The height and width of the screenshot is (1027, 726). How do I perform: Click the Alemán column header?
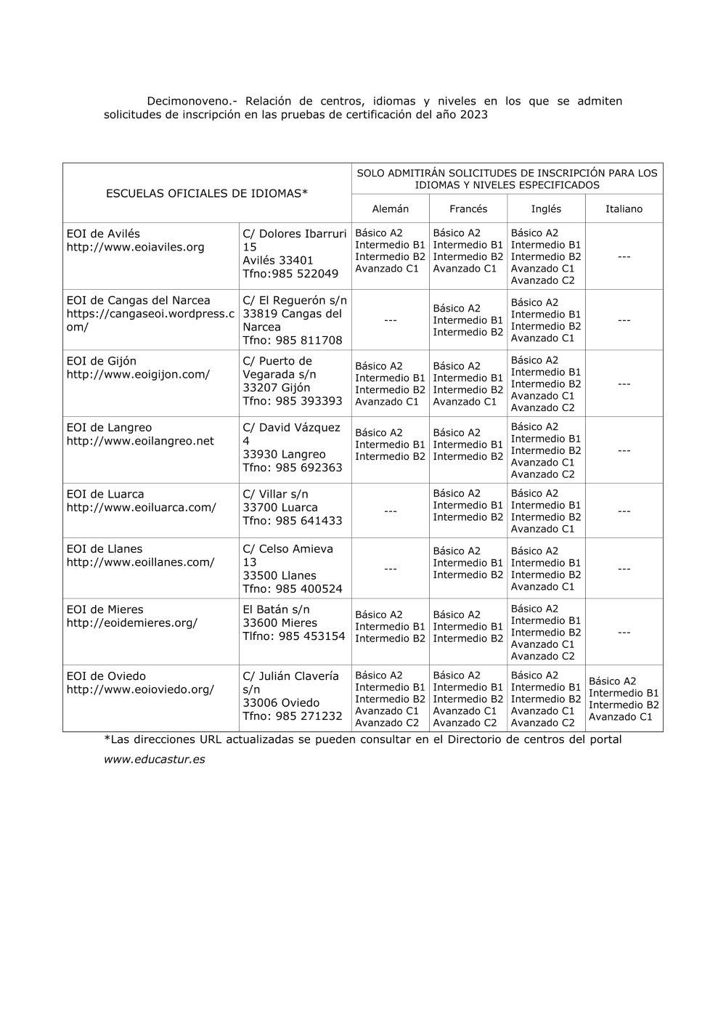coord(390,209)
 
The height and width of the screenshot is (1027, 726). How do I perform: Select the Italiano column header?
coord(624,209)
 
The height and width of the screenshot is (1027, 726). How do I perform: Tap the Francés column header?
coord(468,209)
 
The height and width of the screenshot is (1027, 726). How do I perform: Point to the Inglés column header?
coord(546,209)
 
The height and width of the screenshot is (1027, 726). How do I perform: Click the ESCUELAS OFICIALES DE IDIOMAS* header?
coord(207,193)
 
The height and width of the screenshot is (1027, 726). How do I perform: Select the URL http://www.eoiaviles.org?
coord(136,247)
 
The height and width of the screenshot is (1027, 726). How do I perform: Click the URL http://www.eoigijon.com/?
coord(138,375)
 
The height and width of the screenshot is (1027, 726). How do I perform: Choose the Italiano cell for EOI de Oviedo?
coord(624,699)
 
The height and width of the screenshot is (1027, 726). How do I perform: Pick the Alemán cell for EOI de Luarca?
coord(390,511)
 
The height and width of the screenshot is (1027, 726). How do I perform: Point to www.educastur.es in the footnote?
coord(154,760)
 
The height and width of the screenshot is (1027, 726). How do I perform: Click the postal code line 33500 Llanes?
coord(280,576)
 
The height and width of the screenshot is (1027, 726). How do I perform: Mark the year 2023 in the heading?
coord(473,115)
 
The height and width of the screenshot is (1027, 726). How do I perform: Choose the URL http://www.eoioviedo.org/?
coord(140,690)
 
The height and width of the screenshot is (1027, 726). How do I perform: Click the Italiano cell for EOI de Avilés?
coord(624,257)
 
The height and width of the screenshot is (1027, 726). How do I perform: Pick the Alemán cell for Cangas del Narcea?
coord(390,320)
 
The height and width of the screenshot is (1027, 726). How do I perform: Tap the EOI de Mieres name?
coord(105,609)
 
